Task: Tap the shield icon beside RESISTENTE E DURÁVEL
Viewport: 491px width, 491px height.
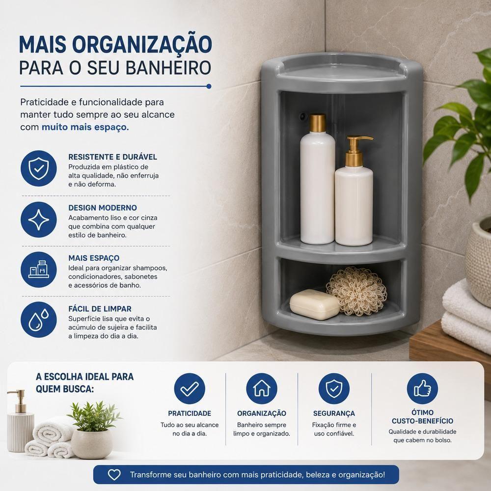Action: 38,168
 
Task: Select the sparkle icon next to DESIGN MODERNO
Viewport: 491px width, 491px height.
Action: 38,219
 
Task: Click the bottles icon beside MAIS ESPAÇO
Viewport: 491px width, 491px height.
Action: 38,270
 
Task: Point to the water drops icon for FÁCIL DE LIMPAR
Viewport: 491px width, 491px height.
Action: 38,320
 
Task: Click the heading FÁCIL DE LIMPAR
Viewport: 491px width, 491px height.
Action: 100,309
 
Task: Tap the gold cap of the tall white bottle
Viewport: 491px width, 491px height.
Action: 318,123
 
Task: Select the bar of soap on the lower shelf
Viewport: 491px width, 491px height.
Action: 314,304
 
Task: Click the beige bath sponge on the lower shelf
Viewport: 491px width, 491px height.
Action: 356,291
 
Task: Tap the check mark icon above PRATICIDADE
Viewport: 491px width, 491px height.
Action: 190,388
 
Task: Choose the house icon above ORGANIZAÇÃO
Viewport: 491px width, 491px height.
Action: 262,388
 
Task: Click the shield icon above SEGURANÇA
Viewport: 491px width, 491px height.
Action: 334,388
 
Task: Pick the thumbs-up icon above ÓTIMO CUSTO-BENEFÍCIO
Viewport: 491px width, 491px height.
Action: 422,388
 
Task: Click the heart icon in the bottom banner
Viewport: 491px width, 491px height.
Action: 114,475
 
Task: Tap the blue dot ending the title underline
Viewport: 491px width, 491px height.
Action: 209,86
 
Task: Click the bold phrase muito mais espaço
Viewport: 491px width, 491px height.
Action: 85,127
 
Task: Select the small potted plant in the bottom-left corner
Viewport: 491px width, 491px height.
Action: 93,430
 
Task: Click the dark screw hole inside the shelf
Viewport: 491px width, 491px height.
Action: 303,116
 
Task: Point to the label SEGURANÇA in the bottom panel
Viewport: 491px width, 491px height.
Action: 334,413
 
